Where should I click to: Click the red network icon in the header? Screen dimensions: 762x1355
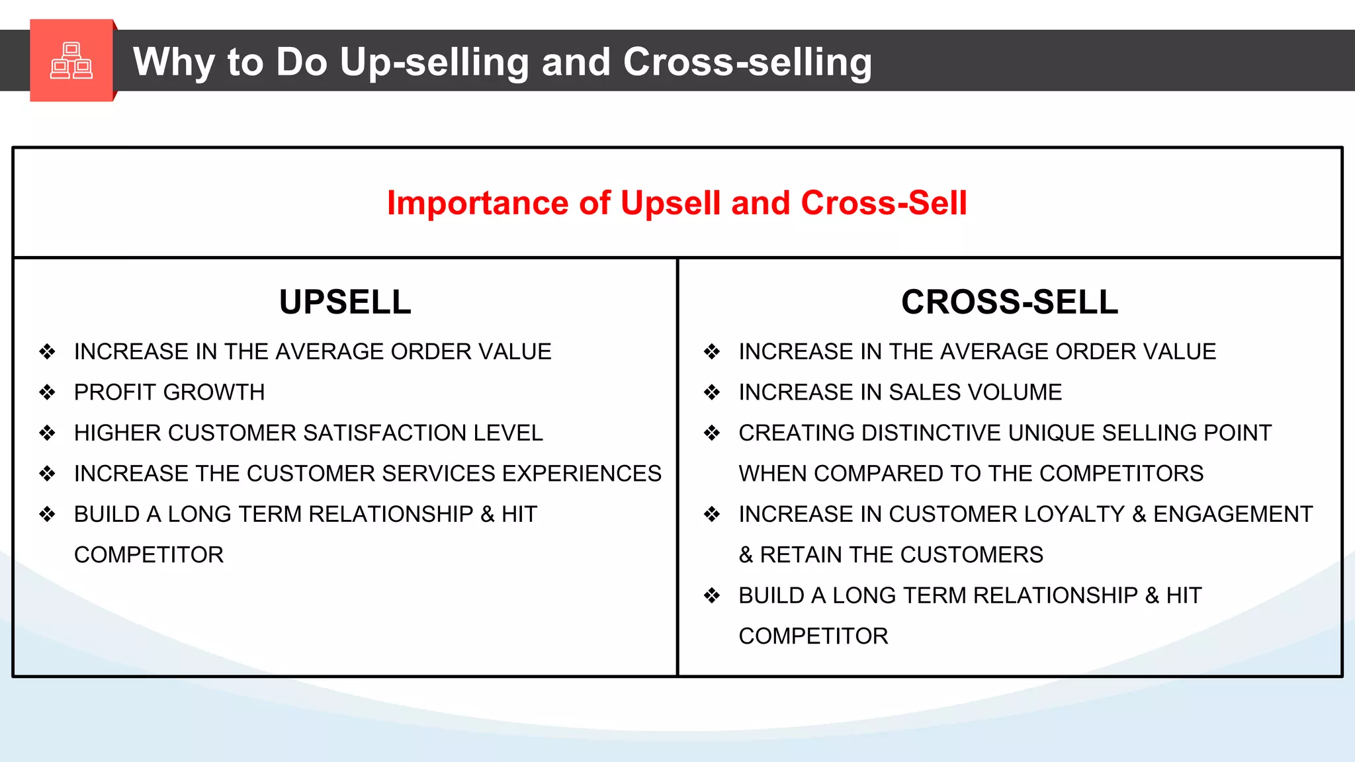(71, 61)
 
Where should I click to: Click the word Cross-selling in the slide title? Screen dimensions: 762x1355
(747, 62)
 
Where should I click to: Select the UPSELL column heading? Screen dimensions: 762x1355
(345, 302)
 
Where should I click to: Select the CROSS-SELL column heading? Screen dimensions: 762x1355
(1009, 302)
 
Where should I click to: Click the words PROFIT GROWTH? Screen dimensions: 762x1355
(169, 392)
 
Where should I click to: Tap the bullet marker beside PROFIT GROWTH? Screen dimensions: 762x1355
(47, 392)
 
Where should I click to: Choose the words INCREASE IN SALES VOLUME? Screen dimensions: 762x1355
(900, 392)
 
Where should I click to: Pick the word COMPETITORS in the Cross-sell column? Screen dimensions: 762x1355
(1121, 474)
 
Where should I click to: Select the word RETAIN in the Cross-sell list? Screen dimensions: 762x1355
(801, 555)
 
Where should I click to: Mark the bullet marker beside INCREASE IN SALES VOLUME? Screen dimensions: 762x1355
(712, 392)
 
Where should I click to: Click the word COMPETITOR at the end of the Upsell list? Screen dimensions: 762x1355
(149, 555)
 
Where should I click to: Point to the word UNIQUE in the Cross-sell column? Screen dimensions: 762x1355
(1051, 433)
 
